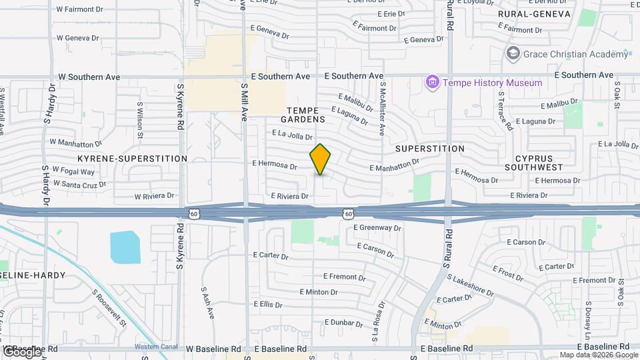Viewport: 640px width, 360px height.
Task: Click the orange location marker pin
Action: point(321,159)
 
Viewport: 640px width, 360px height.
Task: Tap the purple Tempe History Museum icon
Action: point(433,83)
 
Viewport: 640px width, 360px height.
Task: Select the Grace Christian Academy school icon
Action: point(513,53)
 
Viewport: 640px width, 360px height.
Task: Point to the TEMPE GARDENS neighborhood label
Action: point(306,115)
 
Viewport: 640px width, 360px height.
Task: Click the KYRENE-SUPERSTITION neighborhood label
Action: point(132,159)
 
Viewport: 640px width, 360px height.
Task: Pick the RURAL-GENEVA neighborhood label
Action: point(534,14)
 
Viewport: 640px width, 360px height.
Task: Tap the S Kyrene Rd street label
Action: point(180,107)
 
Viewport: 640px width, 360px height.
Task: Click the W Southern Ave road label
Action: point(89,77)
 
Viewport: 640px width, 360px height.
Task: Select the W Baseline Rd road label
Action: point(213,349)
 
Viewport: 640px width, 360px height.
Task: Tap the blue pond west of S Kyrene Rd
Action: point(125,247)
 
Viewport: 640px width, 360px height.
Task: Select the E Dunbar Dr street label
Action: point(340,323)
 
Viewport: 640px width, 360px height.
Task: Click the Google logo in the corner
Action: point(22,351)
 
